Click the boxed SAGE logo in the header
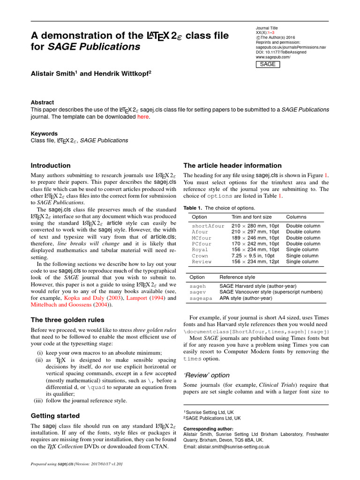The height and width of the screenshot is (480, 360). coord(268,64)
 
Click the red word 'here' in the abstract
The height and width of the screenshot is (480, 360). coord(142,117)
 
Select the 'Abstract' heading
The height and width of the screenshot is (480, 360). coord(42,102)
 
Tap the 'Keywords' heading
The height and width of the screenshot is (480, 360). coord(44,133)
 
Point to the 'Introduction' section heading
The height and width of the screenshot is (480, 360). coord(51,165)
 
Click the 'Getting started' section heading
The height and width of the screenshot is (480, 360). coord(55,415)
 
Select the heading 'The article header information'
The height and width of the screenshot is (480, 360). coord(232,165)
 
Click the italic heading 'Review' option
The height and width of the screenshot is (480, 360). coord(206,375)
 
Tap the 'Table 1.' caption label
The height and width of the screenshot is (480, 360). coord(193,208)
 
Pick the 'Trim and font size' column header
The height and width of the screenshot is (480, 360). coord(251,217)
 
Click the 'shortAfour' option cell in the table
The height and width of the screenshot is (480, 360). coord(208,226)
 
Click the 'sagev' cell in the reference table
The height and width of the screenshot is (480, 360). coord(197,292)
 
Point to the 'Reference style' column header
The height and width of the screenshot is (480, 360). coord(237,277)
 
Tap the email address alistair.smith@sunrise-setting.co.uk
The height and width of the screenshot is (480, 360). coord(226,447)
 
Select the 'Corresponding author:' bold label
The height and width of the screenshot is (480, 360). coord(208,428)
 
